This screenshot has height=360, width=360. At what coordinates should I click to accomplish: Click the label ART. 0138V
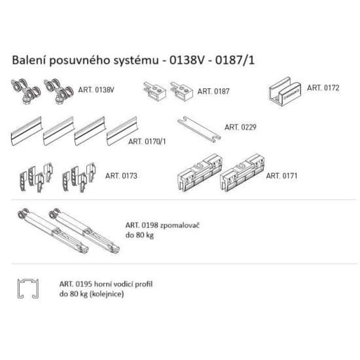96,90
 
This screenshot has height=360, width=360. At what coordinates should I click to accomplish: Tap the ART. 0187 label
213,92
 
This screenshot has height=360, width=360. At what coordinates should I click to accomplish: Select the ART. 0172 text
323,88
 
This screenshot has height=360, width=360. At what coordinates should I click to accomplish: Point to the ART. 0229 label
240,127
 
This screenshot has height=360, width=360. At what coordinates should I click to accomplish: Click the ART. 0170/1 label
147,141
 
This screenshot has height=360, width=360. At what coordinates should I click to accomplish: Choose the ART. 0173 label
121,176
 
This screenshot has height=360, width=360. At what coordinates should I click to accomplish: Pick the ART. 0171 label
281,176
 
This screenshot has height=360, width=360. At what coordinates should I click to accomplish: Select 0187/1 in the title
235,60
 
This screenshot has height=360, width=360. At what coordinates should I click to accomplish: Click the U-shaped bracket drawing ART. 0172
285,92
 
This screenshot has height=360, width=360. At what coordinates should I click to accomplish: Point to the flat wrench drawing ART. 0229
199,129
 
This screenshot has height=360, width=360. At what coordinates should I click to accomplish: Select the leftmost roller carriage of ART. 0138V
26,91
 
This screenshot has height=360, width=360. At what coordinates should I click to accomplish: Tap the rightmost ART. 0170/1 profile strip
122,131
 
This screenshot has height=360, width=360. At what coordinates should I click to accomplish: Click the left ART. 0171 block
200,173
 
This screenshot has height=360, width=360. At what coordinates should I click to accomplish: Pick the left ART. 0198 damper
53,231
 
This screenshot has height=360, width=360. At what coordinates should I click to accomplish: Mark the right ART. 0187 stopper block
181,91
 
